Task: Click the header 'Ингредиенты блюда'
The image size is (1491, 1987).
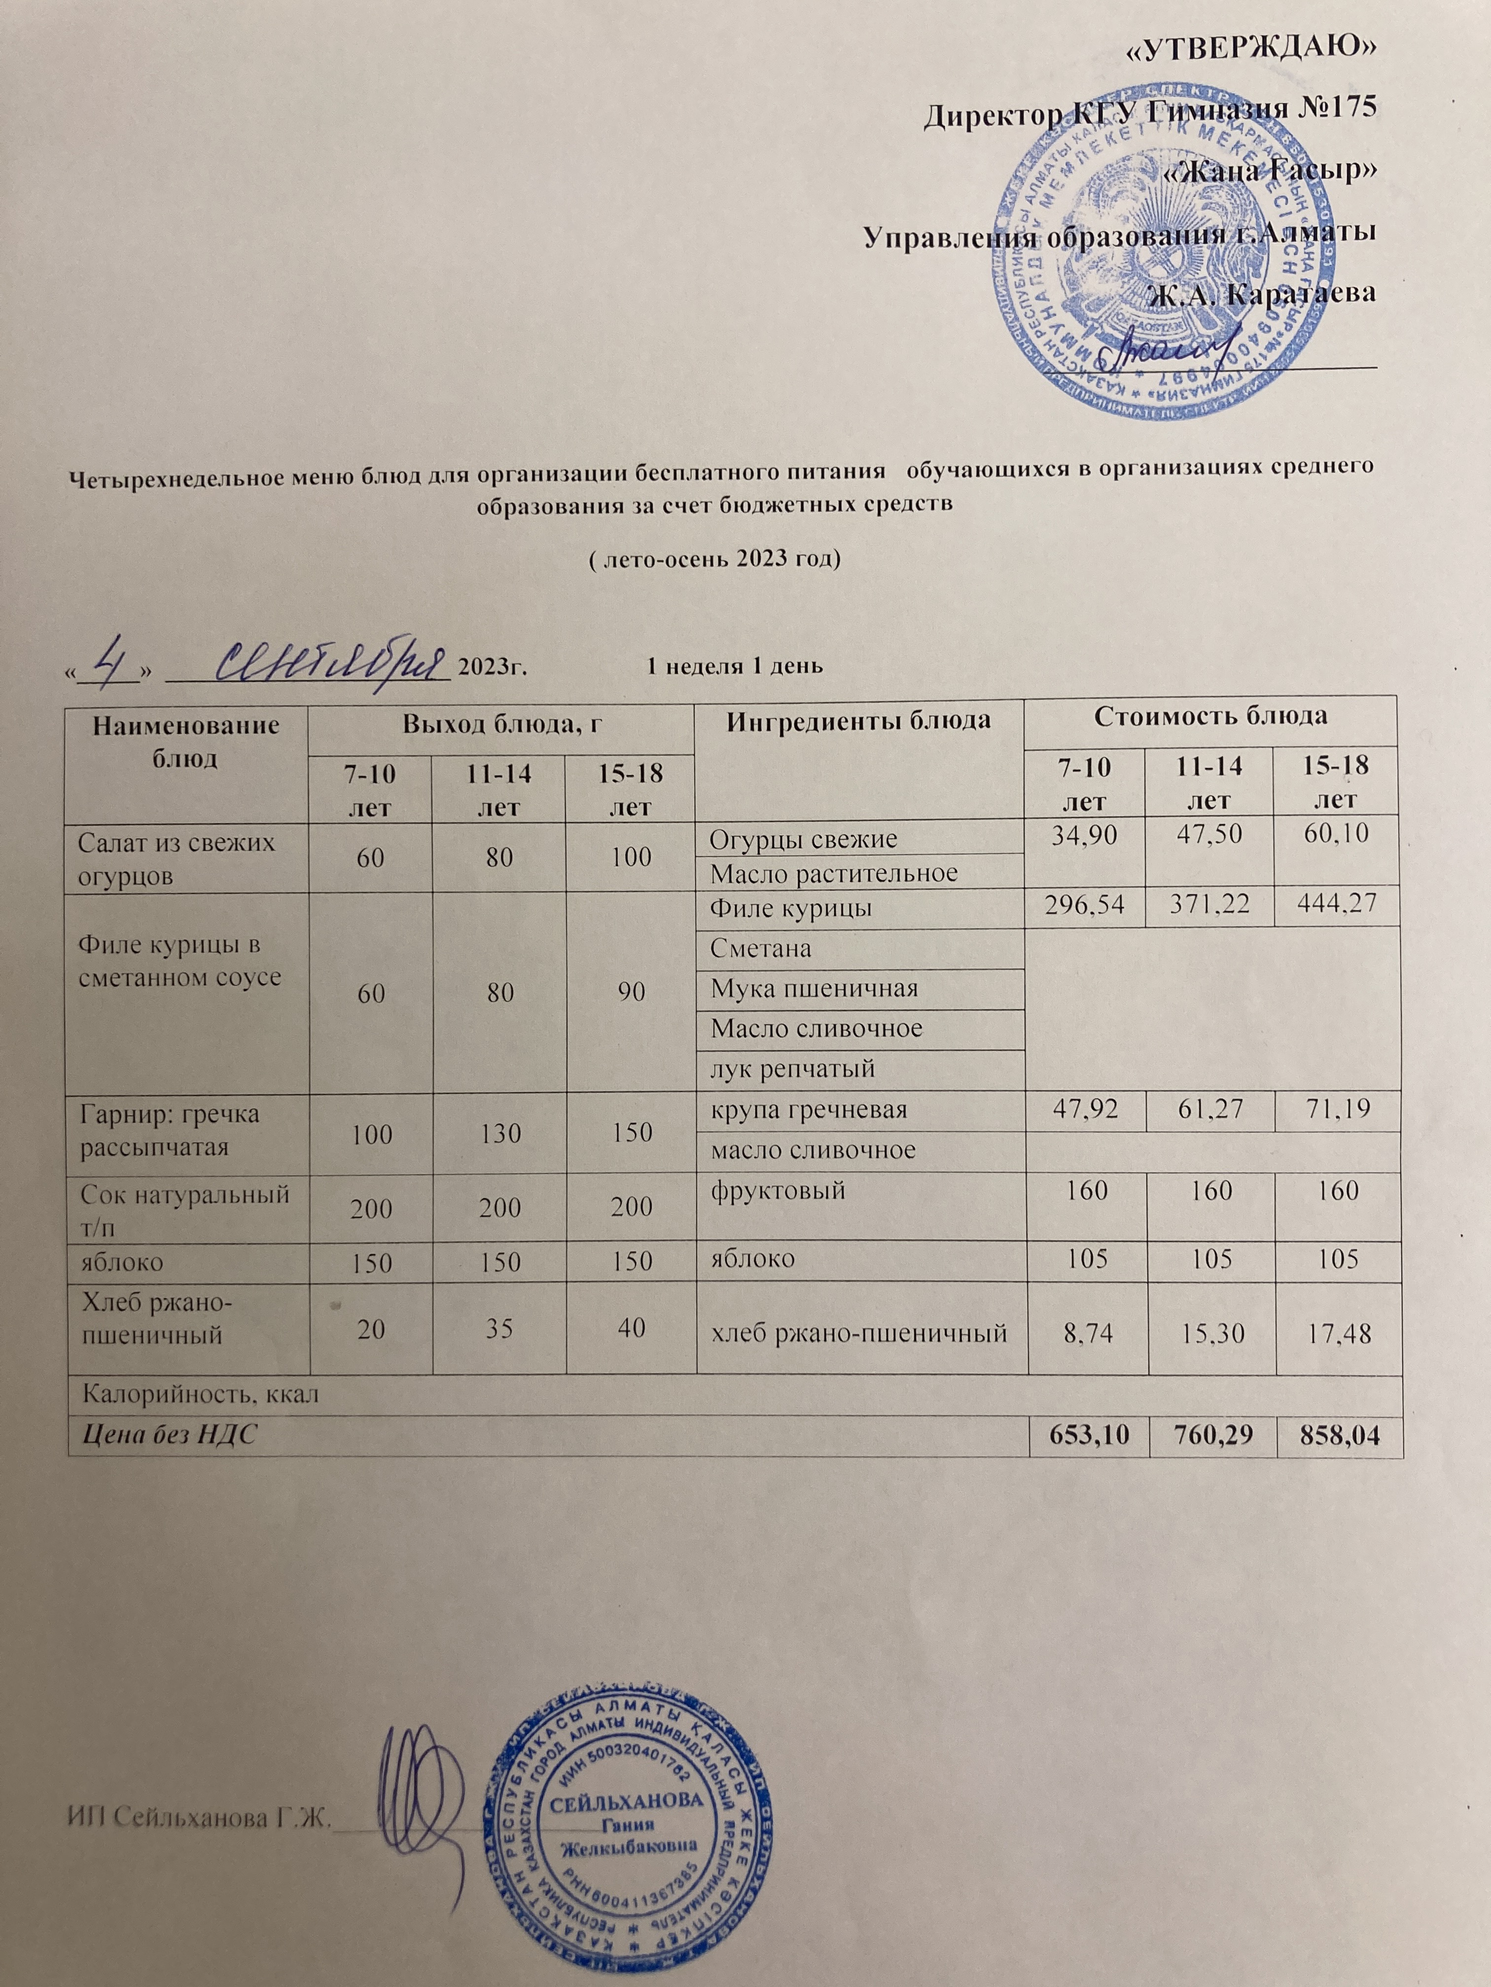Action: point(859,720)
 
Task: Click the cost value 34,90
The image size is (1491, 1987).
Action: point(1087,835)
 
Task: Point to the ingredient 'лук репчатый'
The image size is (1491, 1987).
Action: point(793,1069)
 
